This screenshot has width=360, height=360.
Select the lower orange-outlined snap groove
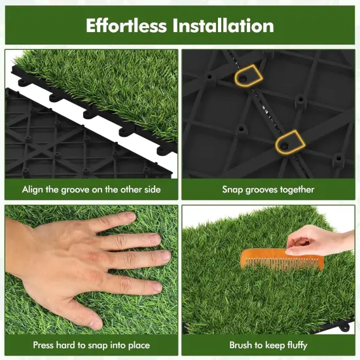click(x=289, y=139)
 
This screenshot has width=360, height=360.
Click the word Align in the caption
click(x=33, y=190)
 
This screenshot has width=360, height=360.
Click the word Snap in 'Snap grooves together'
click(x=233, y=190)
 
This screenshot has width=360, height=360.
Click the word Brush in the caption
click(x=242, y=345)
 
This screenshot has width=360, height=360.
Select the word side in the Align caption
click(x=151, y=190)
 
